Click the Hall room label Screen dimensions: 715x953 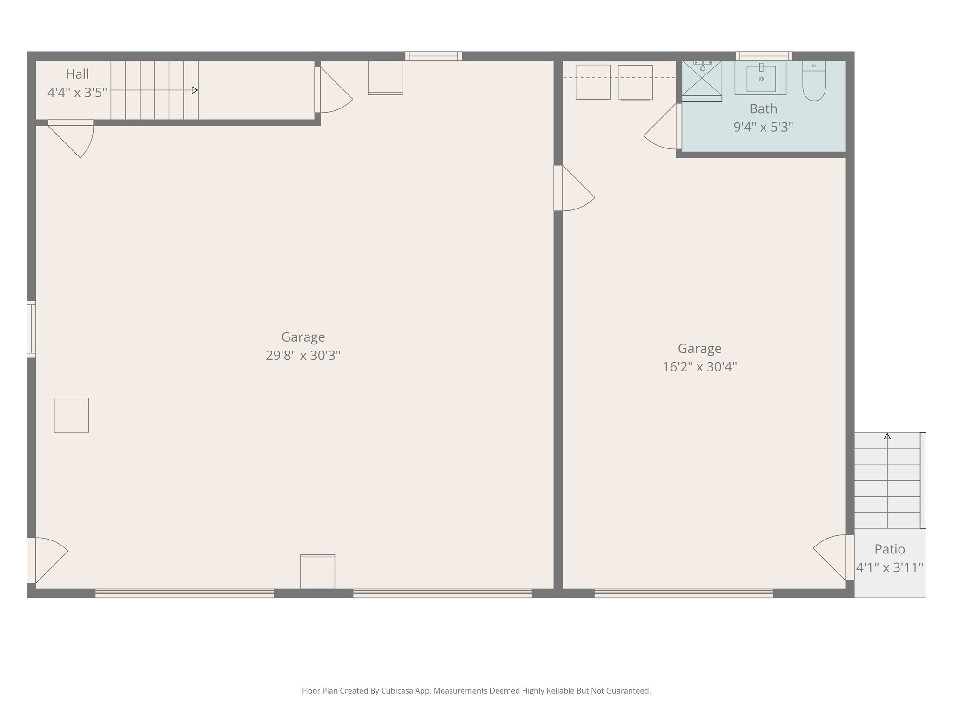77,74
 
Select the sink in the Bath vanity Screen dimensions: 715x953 761,79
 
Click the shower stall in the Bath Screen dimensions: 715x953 702,80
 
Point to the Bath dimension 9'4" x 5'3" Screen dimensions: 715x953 763,127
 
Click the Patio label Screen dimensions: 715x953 889,549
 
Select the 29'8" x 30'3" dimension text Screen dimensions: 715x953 303,356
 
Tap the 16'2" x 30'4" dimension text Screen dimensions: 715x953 699,367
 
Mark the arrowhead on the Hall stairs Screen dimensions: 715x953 195,90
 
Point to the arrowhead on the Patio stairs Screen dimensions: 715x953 887,437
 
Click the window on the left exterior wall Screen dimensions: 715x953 31,329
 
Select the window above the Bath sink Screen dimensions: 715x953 764,56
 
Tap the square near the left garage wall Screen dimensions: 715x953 71,415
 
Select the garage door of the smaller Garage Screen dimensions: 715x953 684,594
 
